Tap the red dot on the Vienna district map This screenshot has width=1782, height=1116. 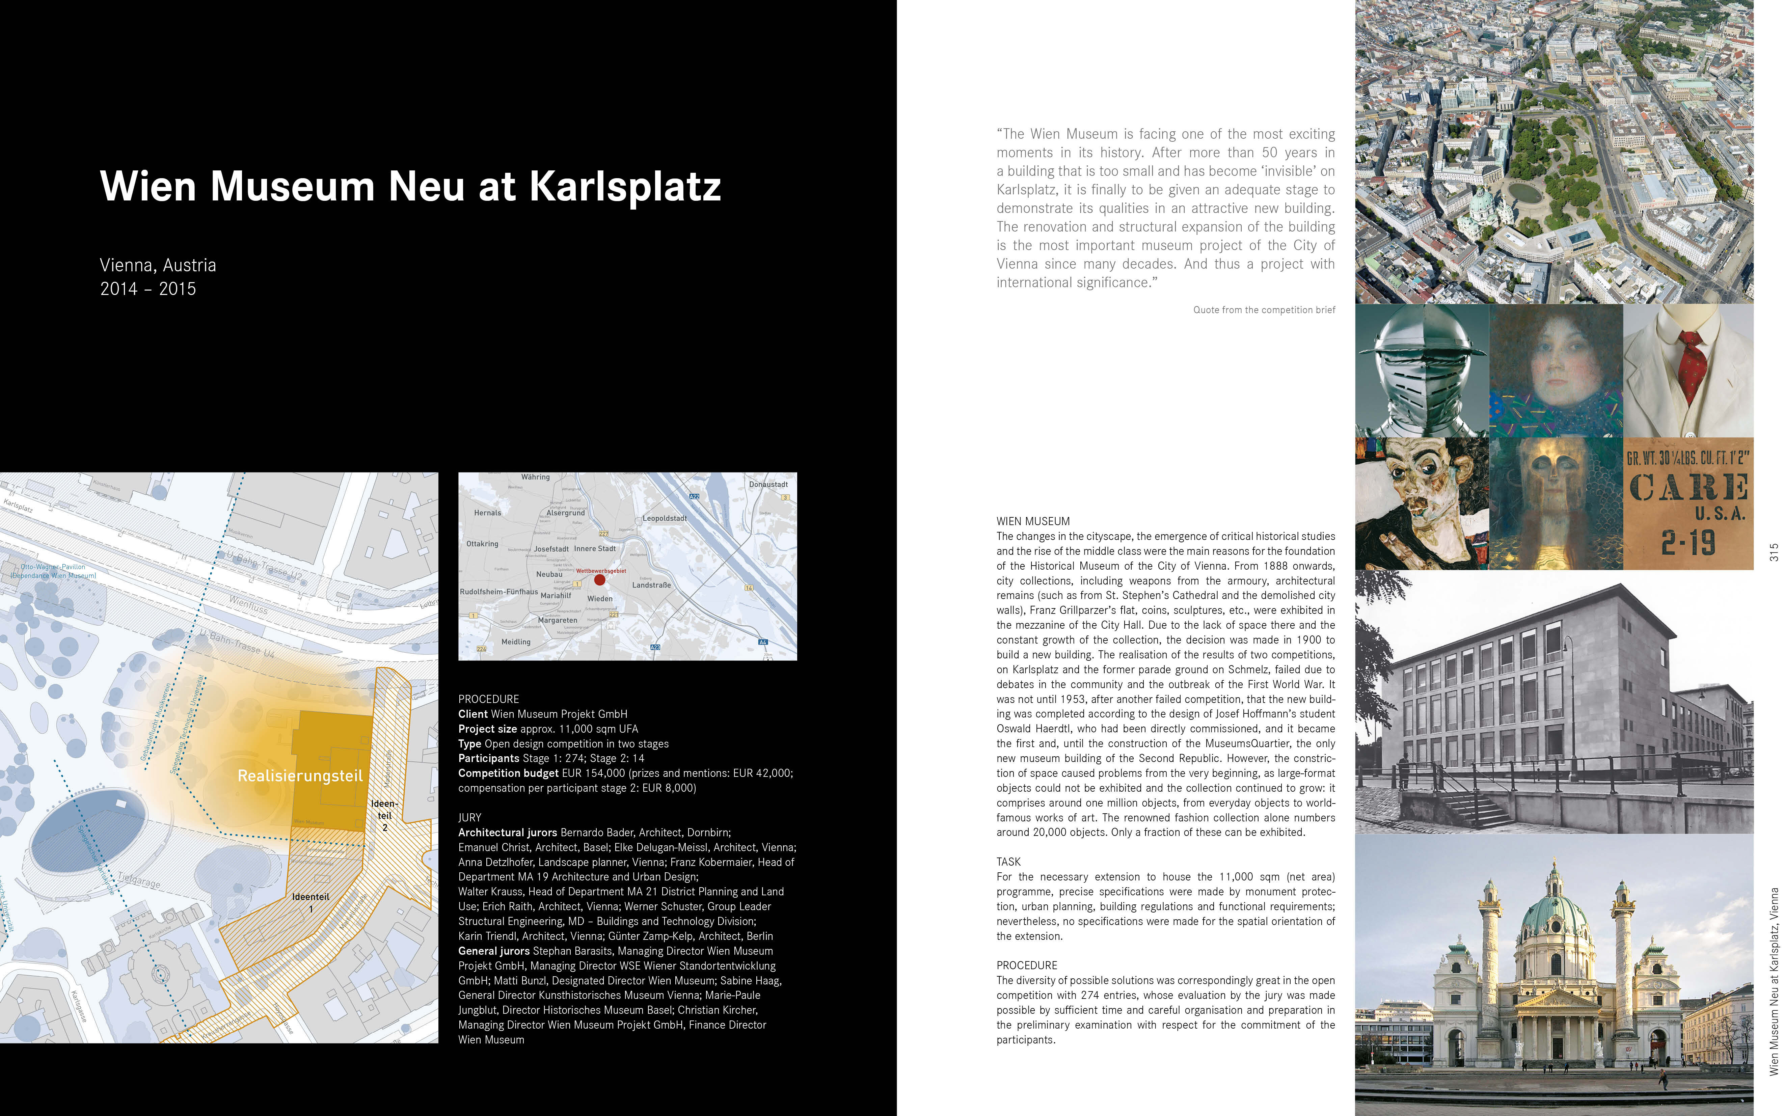(x=599, y=580)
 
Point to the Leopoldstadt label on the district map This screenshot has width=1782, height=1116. (x=665, y=518)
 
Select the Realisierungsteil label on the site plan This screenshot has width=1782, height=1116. (x=300, y=776)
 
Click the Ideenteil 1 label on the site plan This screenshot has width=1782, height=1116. (x=311, y=902)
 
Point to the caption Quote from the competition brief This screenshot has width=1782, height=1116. (x=1264, y=310)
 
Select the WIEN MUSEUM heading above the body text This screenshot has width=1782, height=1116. (x=1033, y=521)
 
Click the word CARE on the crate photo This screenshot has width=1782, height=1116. (x=1688, y=487)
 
